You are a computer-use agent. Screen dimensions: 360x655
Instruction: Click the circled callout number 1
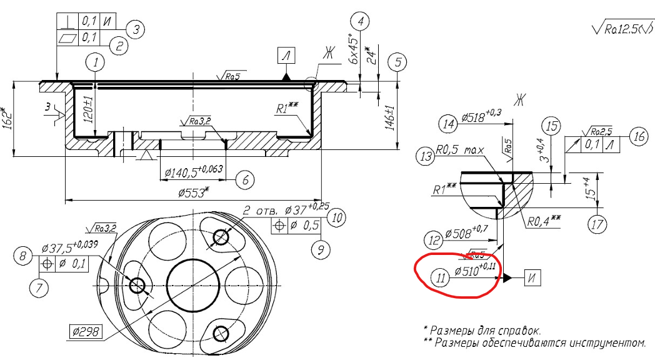[x=95, y=62]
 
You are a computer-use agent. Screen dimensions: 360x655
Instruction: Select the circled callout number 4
[x=359, y=21]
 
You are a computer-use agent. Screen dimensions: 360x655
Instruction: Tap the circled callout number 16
[x=637, y=137]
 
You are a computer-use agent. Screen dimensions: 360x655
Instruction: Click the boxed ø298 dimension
[x=87, y=329]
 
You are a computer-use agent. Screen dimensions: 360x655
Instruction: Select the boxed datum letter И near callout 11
[x=532, y=277]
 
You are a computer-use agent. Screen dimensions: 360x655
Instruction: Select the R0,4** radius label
[x=542, y=220]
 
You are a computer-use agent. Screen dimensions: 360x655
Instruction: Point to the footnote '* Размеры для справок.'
[x=481, y=329]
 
